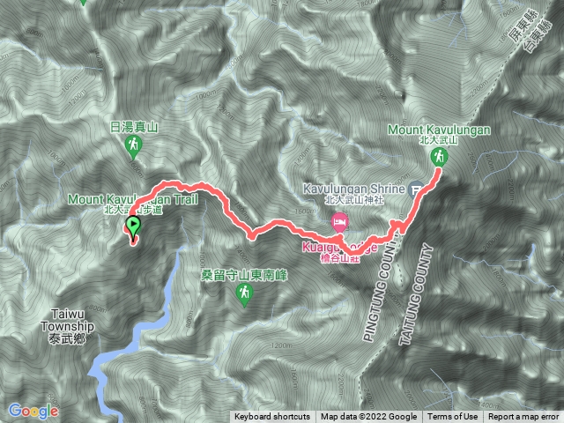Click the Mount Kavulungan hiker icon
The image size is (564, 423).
pyautogui.click(x=438, y=158)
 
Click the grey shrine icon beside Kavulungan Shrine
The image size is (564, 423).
pyautogui.click(x=418, y=188)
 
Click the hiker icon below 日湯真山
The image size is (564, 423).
pyautogui.click(x=134, y=145)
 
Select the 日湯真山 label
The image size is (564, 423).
pyautogui.click(x=134, y=127)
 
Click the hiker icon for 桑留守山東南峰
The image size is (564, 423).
pyautogui.click(x=244, y=297)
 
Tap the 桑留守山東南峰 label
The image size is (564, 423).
pyautogui.click(x=244, y=276)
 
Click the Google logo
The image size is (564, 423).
pyautogui.click(x=33, y=411)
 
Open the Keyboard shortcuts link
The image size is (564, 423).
pyautogui.click(x=272, y=417)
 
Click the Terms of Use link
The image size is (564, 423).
pyautogui.click(x=453, y=417)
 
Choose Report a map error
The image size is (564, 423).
pyautogui.click(x=524, y=417)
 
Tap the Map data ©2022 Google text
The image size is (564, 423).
pyautogui.click(x=368, y=417)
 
